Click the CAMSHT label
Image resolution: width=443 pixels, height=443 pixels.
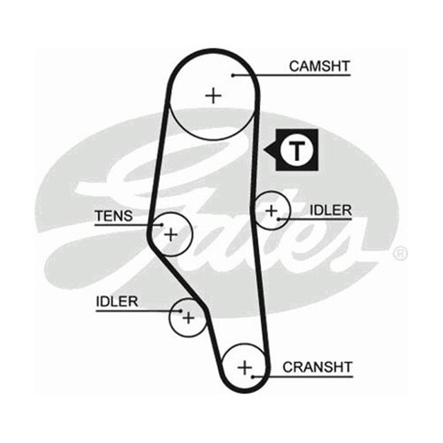point(320,66)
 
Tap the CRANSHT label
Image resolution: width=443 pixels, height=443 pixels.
point(318,367)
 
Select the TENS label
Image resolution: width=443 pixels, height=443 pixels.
point(113,216)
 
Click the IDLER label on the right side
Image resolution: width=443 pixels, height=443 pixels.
point(331,210)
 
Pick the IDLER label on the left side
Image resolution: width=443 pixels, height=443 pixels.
point(117,301)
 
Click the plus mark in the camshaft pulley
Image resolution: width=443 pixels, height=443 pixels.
point(215,95)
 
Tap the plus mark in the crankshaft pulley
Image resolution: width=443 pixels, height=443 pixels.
point(244,366)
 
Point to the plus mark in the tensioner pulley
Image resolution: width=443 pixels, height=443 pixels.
point(170,234)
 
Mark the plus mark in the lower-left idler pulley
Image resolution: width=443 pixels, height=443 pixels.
point(188,318)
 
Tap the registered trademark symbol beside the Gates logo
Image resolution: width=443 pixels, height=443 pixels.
point(400,254)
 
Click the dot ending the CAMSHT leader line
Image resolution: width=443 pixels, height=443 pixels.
point(233,75)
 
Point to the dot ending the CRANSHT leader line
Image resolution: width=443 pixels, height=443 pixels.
point(254,377)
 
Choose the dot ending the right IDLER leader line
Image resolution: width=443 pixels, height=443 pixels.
point(278,219)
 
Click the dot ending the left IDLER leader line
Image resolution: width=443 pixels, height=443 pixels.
point(179,310)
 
